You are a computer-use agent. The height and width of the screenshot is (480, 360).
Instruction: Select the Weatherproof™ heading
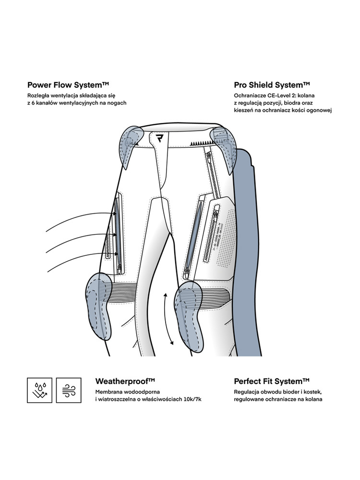pyautogui.click(x=125, y=381)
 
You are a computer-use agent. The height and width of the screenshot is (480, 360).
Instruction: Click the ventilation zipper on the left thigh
pyautogui.click(x=117, y=230)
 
